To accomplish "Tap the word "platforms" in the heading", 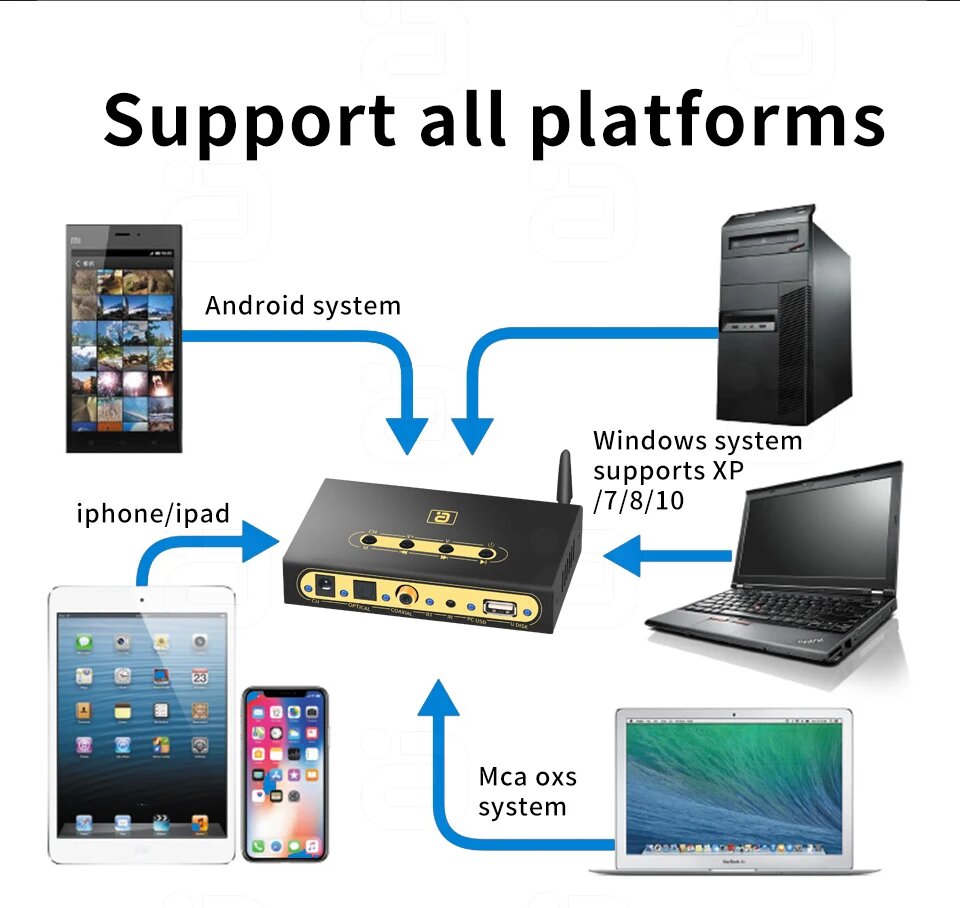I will pyautogui.click(x=707, y=122).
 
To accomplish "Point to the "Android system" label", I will pyautogui.click(x=302, y=305).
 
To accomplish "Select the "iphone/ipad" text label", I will pyautogui.click(x=153, y=514).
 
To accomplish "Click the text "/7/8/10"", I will pyautogui.click(x=639, y=500).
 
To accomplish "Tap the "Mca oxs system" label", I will pyautogui.click(x=527, y=791).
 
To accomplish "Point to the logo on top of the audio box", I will pyautogui.click(x=438, y=516).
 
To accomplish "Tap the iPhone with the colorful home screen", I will pyautogui.click(x=285, y=774).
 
